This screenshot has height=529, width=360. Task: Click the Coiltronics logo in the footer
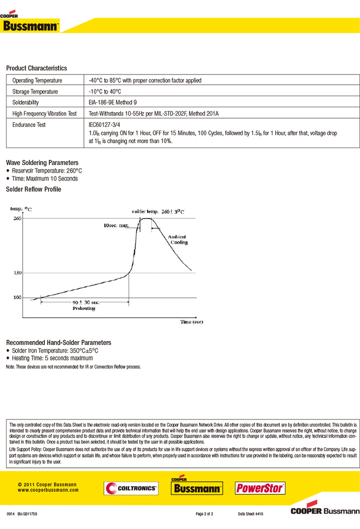point(131,488)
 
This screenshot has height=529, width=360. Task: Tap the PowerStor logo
point(260,488)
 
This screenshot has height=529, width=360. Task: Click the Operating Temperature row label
point(37,81)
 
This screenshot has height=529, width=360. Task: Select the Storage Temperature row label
point(35,92)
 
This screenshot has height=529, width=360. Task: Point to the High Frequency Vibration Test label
point(44,114)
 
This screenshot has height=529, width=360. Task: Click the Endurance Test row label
point(29,125)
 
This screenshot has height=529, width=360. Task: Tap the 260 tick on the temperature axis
point(17,218)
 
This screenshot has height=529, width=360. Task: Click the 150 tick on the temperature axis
point(17,272)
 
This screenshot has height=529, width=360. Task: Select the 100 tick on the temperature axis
point(17,298)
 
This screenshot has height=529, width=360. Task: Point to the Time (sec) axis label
point(192,322)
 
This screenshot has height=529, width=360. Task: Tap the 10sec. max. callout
point(115,226)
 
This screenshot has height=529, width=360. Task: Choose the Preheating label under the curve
point(83,308)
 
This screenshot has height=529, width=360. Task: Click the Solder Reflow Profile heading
point(33,189)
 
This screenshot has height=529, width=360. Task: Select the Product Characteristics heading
point(37,68)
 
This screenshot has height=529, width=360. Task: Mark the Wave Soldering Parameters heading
point(42,162)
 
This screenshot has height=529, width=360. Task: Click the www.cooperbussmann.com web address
point(48,490)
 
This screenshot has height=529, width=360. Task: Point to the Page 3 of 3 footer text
point(204,514)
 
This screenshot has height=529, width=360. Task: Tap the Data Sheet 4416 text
point(250,514)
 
